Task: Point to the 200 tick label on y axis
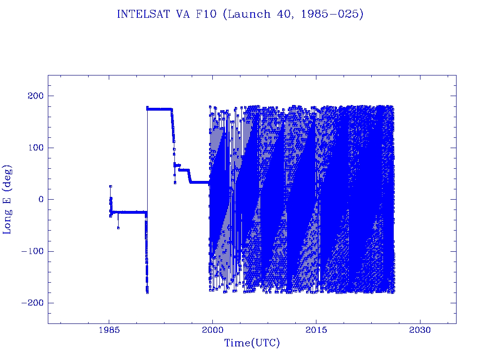pyautogui.click(x=34, y=96)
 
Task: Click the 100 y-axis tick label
pyautogui.click(x=34, y=148)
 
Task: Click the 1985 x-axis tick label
pyautogui.click(x=109, y=331)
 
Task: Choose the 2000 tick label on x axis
pyautogui.click(x=213, y=331)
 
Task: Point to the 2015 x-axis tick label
pyautogui.click(x=316, y=331)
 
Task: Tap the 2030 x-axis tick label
pyautogui.click(x=420, y=331)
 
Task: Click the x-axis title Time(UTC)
pyautogui.click(x=252, y=343)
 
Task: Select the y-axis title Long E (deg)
pyautogui.click(x=8, y=199)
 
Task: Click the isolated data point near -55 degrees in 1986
pyautogui.click(x=118, y=228)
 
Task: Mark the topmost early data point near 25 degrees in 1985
pyautogui.click(x=111, y=186)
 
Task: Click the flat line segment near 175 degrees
pyautogui.click(x=159, y=109)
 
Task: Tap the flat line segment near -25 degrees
pyautogui.click(x=131, y=212)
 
